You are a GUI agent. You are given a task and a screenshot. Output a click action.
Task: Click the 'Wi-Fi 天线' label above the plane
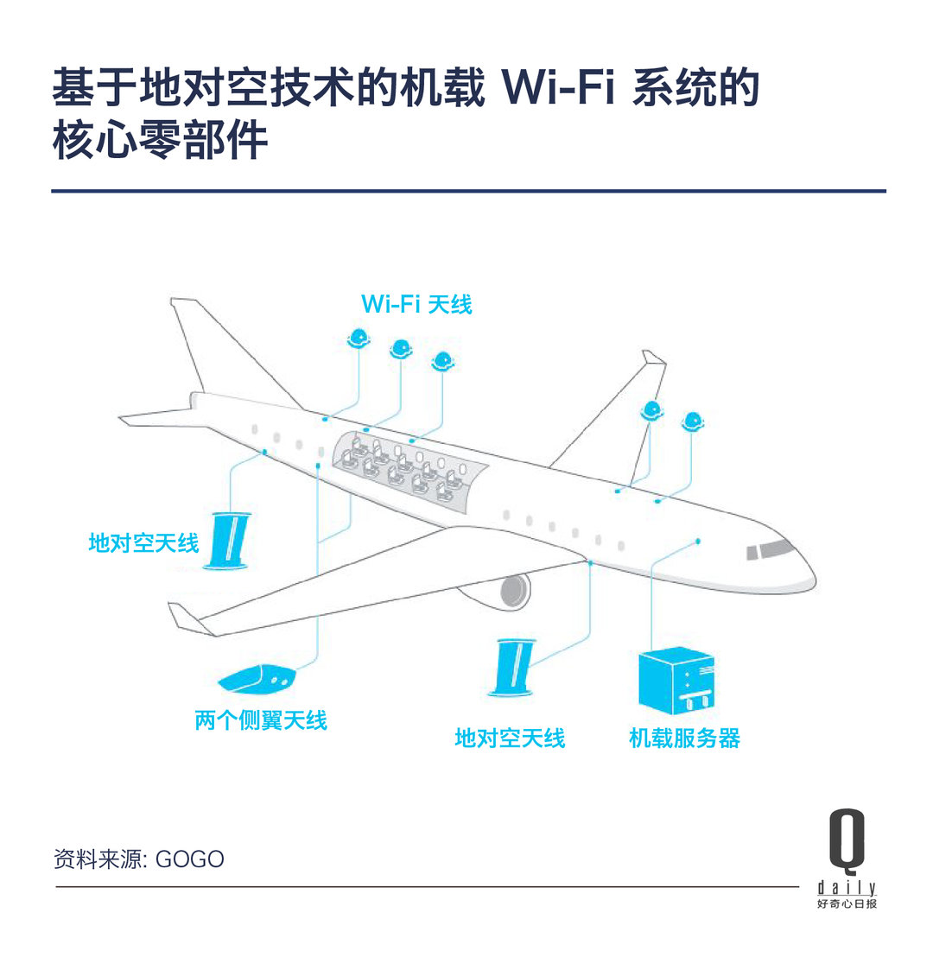416,304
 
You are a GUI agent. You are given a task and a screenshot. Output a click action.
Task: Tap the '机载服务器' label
684,738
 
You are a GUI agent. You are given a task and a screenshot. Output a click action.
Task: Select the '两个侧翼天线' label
261,720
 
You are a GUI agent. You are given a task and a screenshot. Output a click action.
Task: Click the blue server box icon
676,682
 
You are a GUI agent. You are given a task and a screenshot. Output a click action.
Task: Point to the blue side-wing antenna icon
257,680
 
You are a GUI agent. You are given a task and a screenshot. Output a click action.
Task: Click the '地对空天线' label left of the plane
143,542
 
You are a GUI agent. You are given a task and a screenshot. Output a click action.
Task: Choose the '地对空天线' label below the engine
510,738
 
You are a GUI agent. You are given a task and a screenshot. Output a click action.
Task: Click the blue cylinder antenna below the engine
511,668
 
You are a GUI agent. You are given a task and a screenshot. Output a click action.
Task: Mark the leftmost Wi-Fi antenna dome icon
359,338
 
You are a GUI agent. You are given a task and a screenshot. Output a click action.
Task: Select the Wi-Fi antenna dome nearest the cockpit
692,422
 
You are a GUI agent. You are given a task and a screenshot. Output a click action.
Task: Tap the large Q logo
847,839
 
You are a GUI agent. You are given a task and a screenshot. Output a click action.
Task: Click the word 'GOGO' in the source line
190,859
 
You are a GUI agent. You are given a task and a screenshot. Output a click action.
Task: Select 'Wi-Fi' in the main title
558,87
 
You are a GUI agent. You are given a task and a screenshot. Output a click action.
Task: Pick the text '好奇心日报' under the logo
847,903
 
